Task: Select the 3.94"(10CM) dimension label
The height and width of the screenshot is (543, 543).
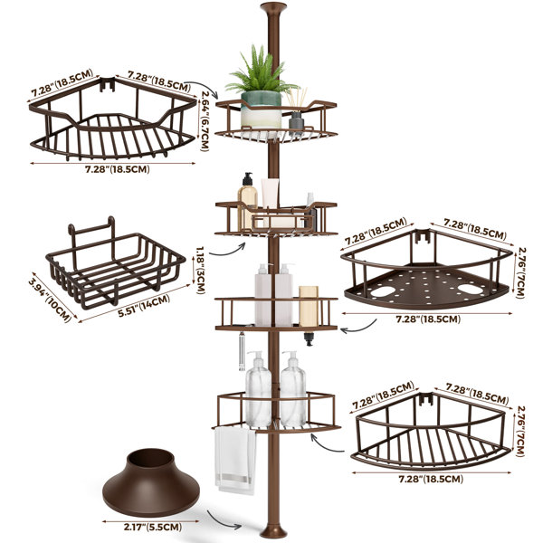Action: point(50,300)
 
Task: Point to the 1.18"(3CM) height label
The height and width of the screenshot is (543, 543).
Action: point(201,271)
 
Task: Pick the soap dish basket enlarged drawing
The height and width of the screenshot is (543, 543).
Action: point(115,262)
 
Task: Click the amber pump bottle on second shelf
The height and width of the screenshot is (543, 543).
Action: point(247,201)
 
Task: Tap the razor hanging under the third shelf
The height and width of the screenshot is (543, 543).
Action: point(241,351)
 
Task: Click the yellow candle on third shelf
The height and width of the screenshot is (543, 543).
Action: point(309,306)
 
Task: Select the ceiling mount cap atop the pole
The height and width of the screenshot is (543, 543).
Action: point(273,7)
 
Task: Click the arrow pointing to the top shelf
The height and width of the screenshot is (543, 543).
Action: point(205,87)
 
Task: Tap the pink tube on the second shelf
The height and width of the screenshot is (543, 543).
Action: point(270,194)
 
